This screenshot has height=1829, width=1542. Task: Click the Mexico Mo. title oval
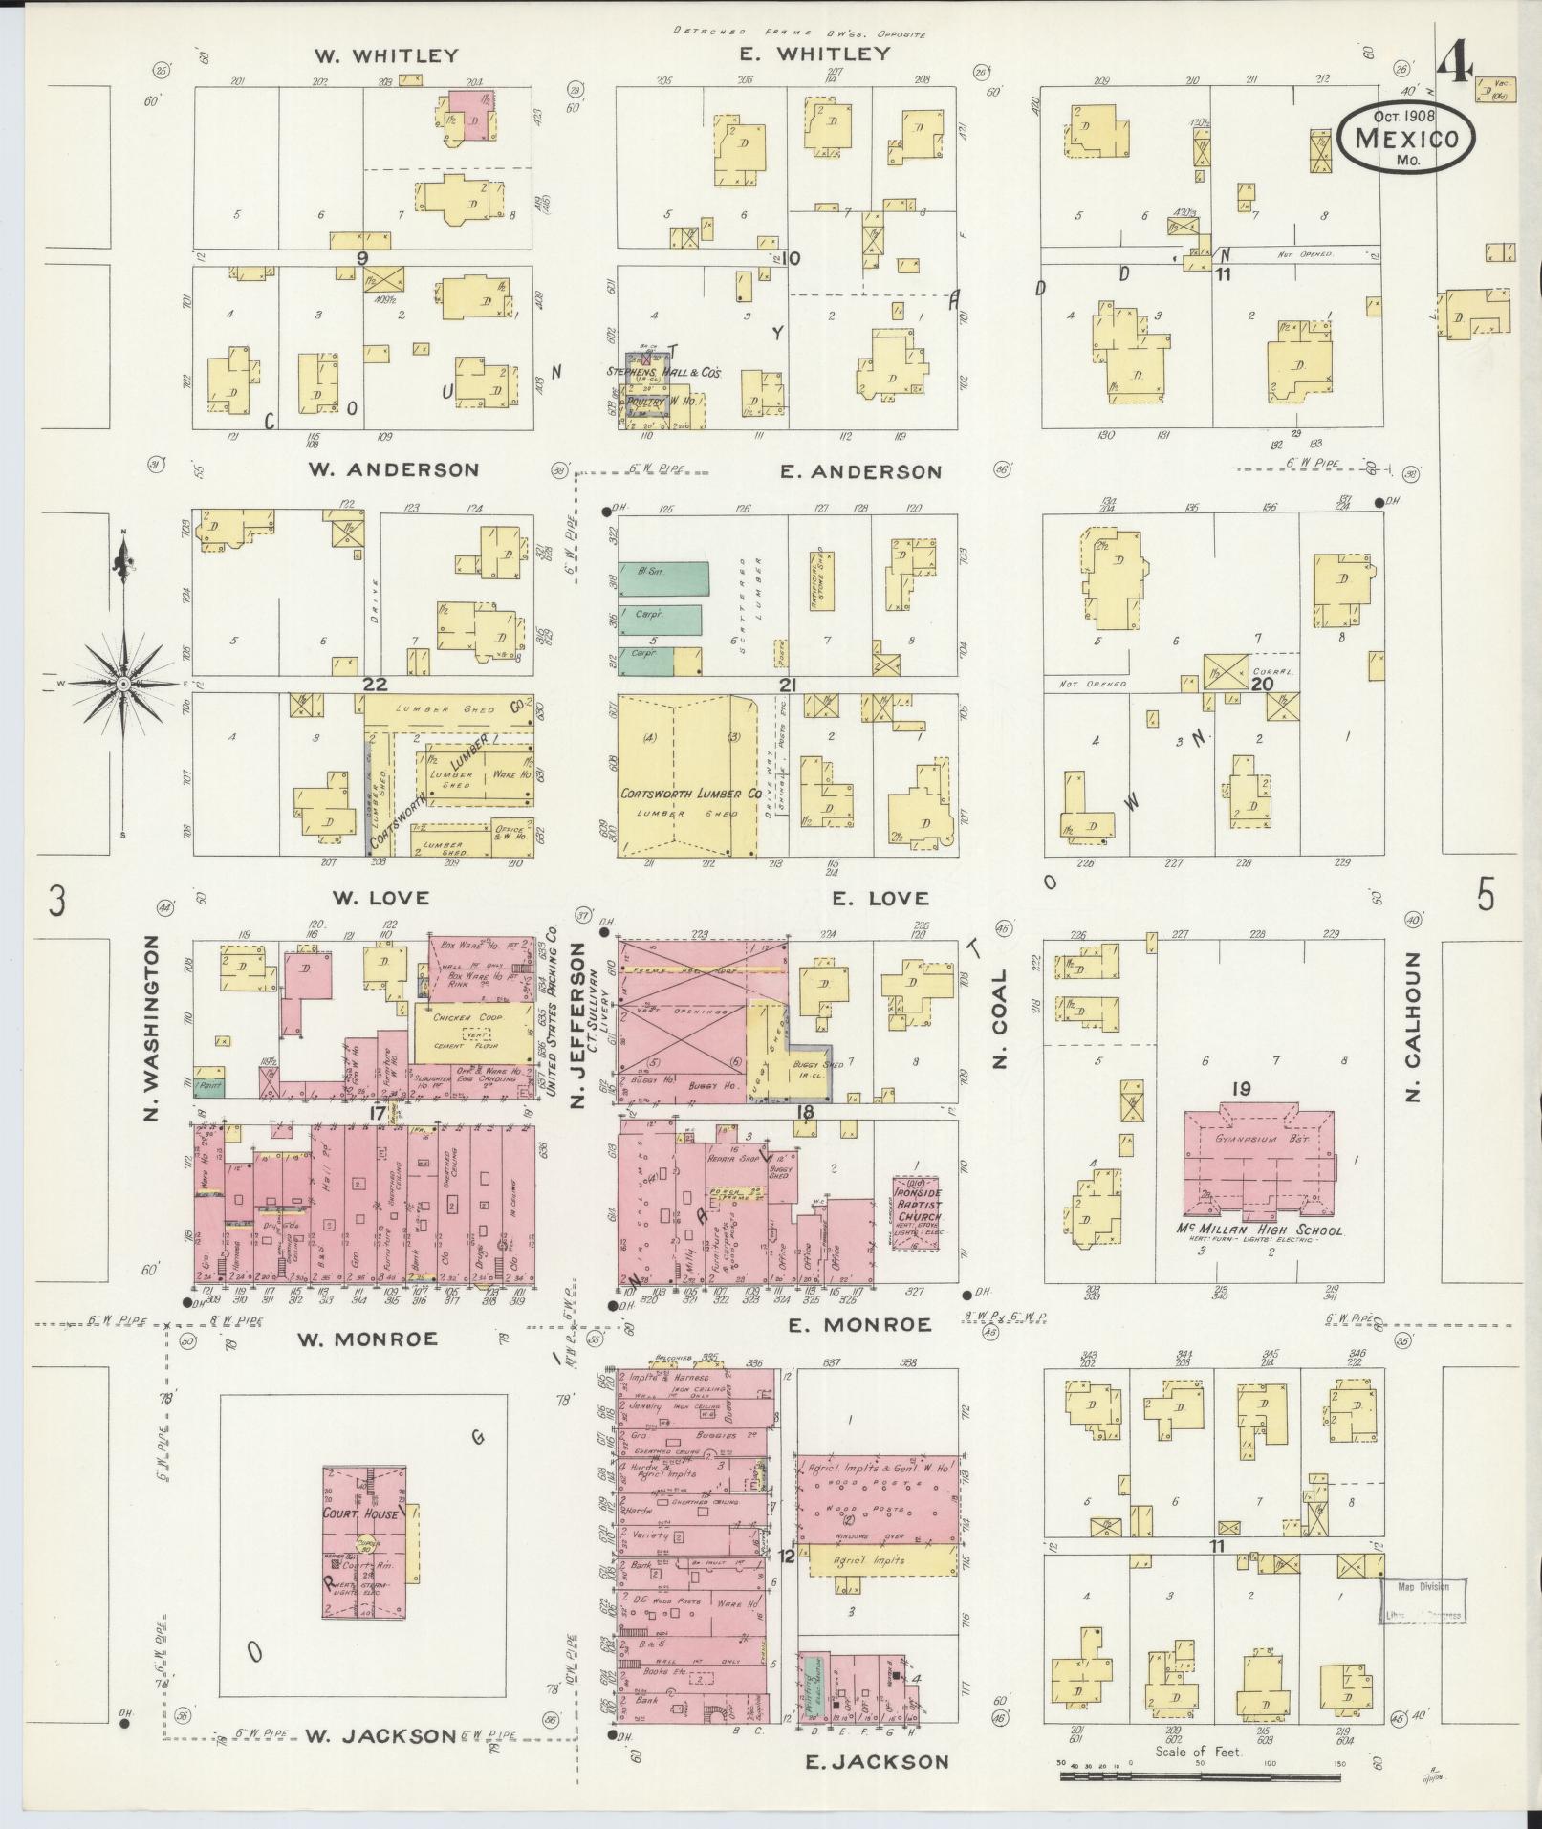pos(1405,140)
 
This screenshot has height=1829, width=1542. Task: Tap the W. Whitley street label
pos(386,55)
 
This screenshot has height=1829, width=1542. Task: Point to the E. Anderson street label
pos(861,471)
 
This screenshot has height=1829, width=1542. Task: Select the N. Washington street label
pos(153,1026)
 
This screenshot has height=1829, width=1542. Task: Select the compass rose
pos(123,684)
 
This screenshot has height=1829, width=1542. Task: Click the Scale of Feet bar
pos(1200,1775)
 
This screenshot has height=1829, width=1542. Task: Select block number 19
pos(1241,1089)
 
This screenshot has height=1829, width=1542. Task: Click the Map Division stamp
pos(1424,1600)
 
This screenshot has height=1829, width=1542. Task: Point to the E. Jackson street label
pos(877,1762)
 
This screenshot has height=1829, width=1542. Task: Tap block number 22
pos(373,685)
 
